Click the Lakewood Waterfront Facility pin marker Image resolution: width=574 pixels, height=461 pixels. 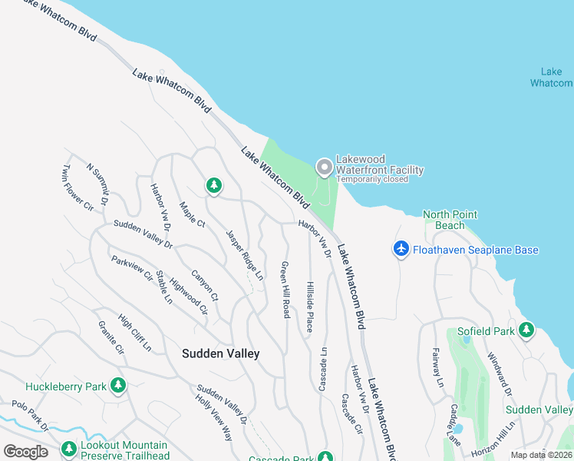click(x=325, y=167)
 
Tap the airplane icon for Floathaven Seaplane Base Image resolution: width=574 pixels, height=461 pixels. click(x=401, y=250)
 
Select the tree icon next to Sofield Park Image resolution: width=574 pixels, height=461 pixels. click(x=526, y=330)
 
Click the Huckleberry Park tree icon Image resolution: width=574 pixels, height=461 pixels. click(x=117, y=386)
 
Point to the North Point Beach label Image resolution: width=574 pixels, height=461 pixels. click(x=450, y=220)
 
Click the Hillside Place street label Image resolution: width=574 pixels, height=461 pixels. click(x=310, y=306)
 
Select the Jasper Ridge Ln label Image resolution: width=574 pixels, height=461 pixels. click(x=244, y=254)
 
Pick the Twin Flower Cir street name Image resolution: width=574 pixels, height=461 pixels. click(x=78, y=187)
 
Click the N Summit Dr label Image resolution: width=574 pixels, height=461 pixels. click(x=98, y=183)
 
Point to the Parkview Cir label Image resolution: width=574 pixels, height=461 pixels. click(x=131, y=269)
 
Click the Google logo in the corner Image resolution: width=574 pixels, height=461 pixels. click(x=25, y=451)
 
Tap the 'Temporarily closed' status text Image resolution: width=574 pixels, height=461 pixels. click(x=371, y=179)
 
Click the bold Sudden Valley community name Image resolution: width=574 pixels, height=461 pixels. click(x=220, y=353)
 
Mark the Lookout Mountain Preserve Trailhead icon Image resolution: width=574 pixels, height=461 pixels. click(x=68, y=448)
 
